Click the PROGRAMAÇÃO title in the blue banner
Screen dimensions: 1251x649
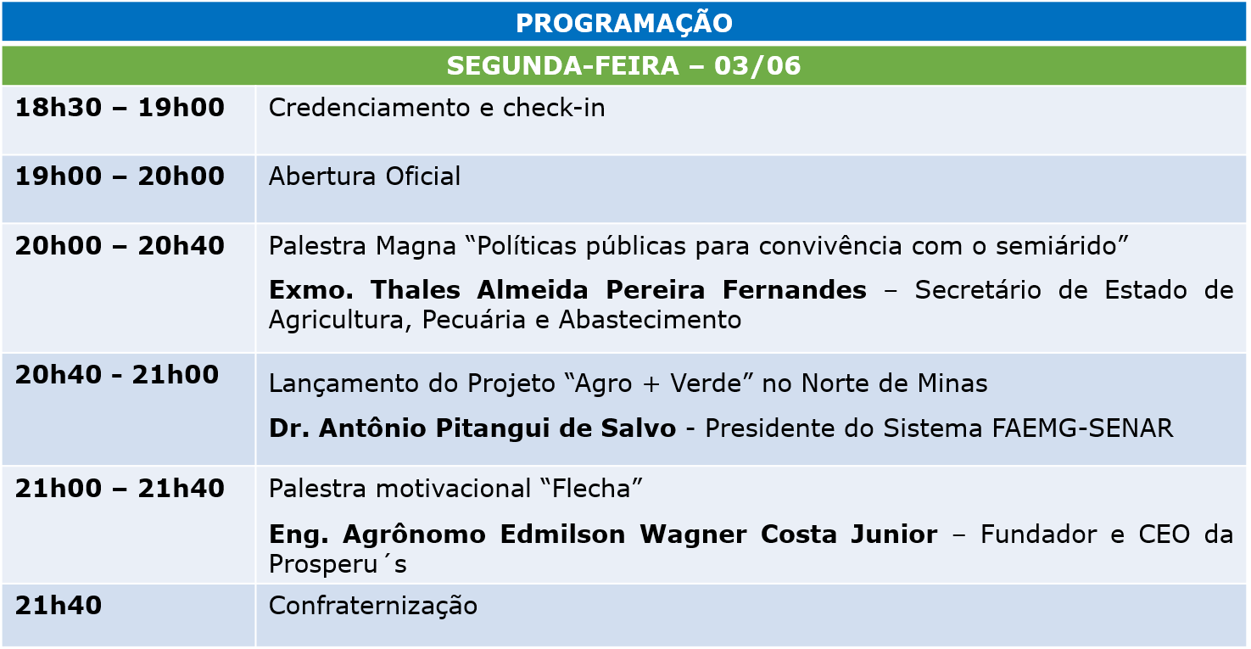tap(624, 23)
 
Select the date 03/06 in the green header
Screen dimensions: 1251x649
tap(757, 65)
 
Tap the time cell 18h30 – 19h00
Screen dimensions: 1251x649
tap(120, 107)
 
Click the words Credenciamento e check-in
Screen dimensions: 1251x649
tap(437, 107)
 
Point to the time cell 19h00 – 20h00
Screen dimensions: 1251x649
tap(120, 176)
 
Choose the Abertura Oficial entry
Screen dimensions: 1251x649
tap(365, 176)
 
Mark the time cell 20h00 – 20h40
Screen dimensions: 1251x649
tap(120, 246)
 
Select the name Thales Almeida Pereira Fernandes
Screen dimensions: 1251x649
tap(619, 290)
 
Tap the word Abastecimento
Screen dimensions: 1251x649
tap(650, 320)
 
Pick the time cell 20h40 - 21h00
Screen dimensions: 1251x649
tap(117, 375)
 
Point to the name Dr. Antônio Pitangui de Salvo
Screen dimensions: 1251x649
tap(472, 428)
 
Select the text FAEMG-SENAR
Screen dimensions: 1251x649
tap(1082, 428)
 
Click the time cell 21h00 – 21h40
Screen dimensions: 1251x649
tap(120, 489)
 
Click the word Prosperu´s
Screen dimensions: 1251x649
tap(338, 565)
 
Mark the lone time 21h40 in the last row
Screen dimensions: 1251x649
tap(58, 606)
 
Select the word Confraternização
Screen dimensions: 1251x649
tap(373, 607)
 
